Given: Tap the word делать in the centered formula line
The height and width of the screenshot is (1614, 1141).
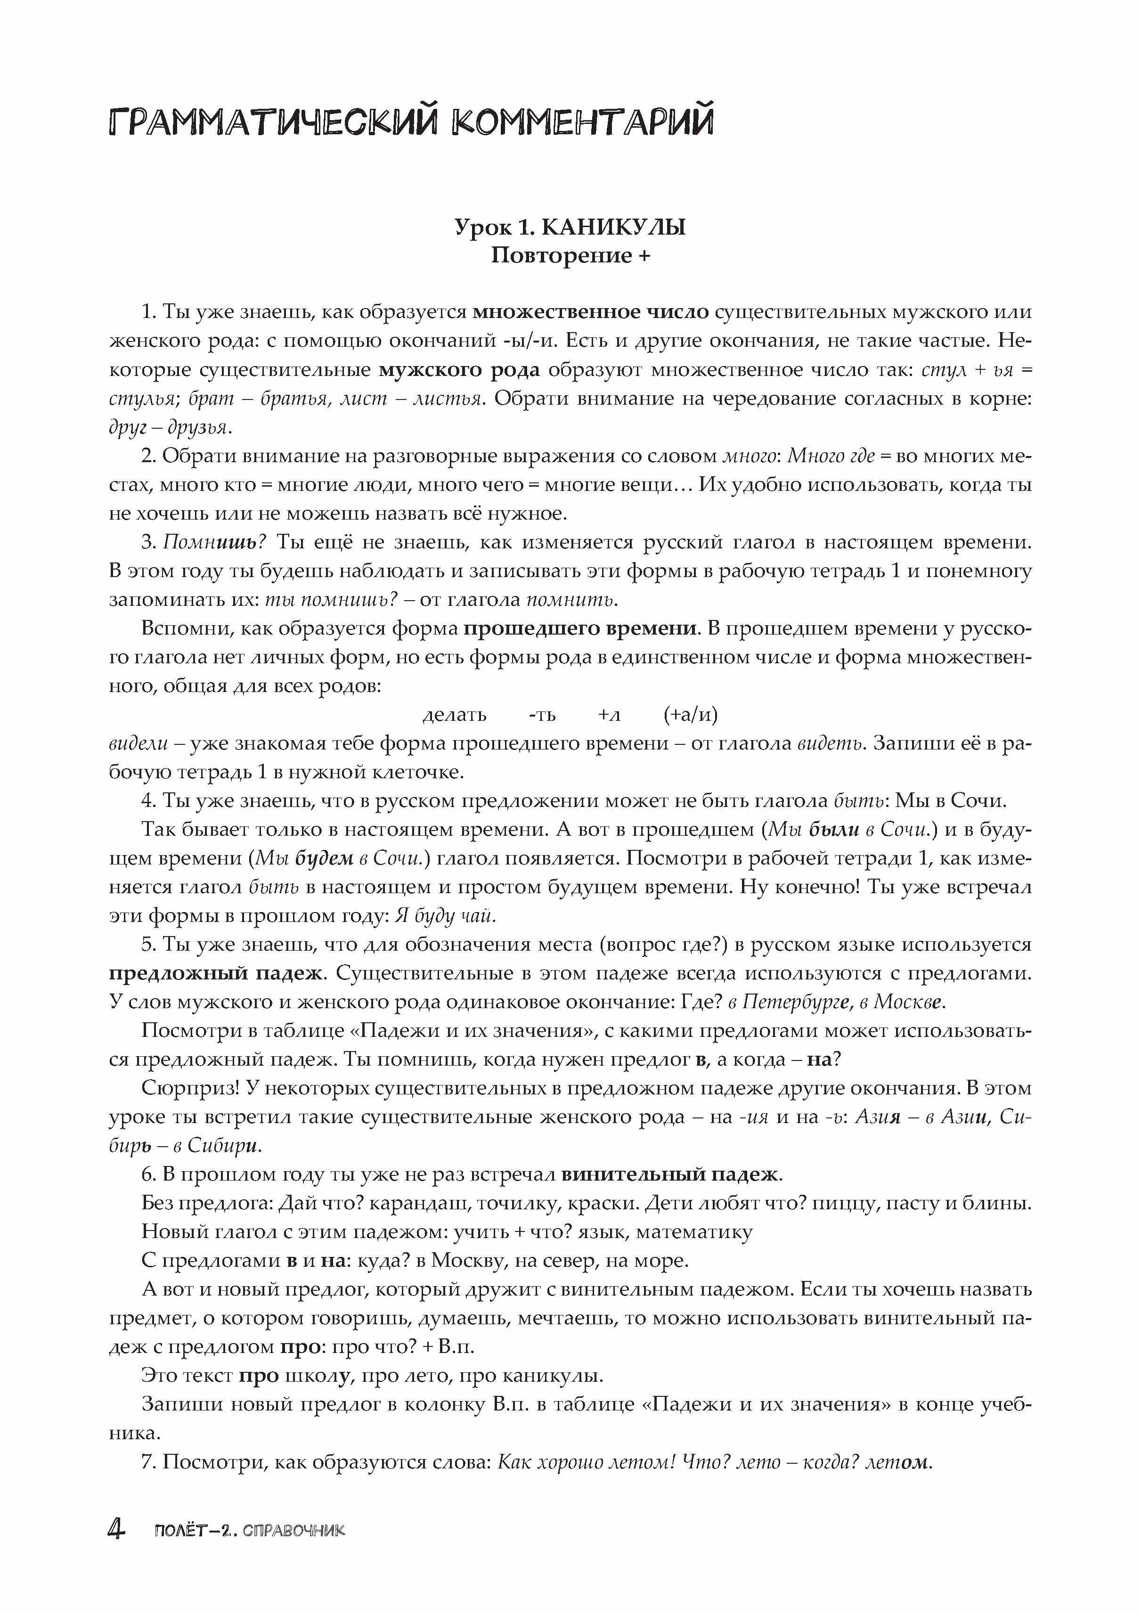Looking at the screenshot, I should pyautogui.click(x=454, y=715).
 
